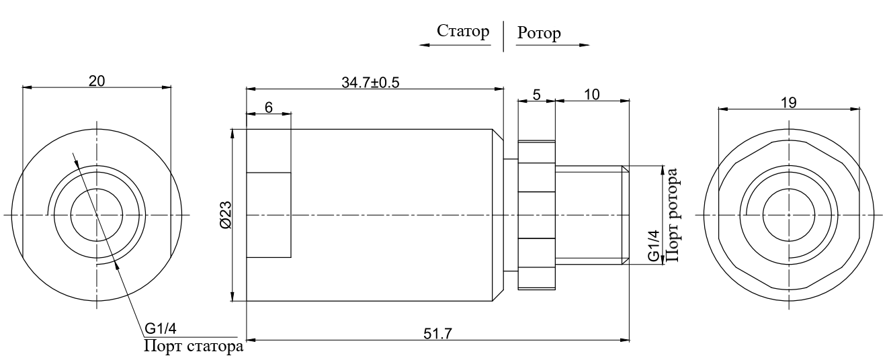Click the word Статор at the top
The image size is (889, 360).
click(463, 32)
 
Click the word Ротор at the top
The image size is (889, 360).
click(539, 33)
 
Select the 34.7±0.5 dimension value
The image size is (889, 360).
click(370, 83)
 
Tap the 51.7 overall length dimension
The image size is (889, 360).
click(437, 334)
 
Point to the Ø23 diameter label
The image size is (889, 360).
click(225, 216)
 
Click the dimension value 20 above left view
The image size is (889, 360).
click(97, 81)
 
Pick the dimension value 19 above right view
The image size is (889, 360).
click(789, 103)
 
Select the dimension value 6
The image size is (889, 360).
click(269, 107)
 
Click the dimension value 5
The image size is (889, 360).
click(537, 95)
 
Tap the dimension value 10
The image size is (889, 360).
click(592, 95)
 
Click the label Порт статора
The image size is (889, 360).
click(194, 346)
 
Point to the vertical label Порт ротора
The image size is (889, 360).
click(673, 216)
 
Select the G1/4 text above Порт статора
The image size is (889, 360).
click(161, 328)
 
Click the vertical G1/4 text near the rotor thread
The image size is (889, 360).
click(654, 246)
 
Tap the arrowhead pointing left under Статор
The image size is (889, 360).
click(425, 45)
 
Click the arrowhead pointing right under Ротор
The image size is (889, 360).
click(584, 45)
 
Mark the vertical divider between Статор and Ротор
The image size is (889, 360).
click(504, 36)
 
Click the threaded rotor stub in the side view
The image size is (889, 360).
click(592, 216)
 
